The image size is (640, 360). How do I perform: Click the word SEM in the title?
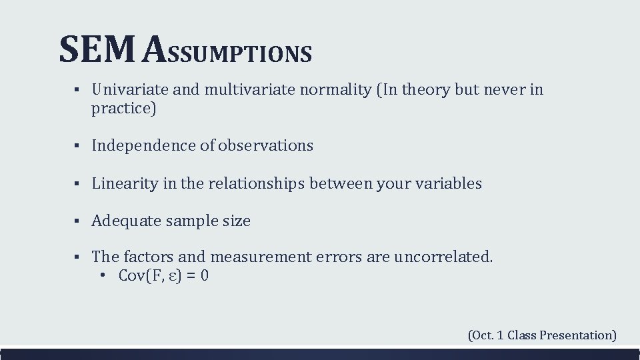click(x=98, y=51)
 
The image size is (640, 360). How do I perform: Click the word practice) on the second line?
click(x=123, y=109)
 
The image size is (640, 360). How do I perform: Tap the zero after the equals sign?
click(x=204, y=275)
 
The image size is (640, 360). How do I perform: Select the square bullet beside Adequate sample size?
click(x=77, y=221)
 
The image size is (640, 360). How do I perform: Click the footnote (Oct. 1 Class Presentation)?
click(x=542, y=335)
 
